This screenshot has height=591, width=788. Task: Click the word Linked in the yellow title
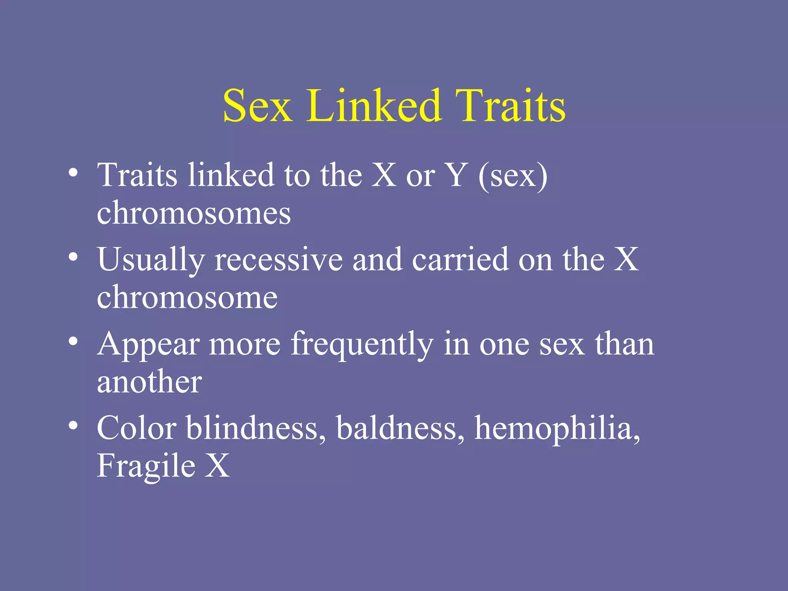(373, 105)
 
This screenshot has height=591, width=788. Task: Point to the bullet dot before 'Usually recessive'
(73, 256)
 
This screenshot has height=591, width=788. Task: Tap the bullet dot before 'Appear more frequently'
(73, 341)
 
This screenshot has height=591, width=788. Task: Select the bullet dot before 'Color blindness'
(73, 425)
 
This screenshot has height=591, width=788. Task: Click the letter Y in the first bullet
(457, 175)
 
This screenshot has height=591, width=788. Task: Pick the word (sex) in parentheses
(513, 176)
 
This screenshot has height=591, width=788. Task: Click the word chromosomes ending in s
(194, 213)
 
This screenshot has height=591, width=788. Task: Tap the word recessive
(279, 260)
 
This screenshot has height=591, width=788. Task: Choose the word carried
(460, 260)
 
